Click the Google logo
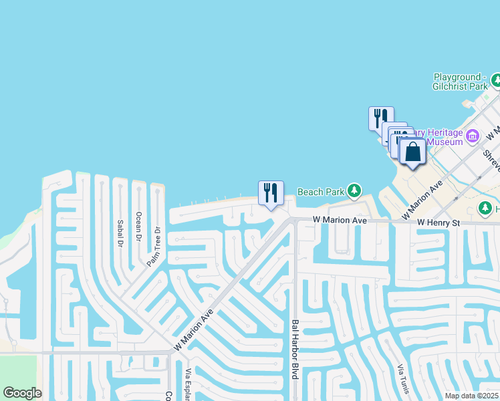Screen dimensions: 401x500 point(22,393)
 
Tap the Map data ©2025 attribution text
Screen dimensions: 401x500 point(472,396)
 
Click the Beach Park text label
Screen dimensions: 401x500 point(320,192)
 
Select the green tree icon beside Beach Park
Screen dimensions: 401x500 point(354,192)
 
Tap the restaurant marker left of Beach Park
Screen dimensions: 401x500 point(271,193)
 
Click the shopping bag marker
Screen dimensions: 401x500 point(413,152)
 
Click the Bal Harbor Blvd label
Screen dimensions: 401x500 point(294,350)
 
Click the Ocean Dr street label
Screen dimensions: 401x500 point(138,227)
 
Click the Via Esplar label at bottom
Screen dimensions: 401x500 point(188,384)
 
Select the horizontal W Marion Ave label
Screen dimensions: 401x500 point(340,221)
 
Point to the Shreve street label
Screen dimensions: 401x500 point(491,161)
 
